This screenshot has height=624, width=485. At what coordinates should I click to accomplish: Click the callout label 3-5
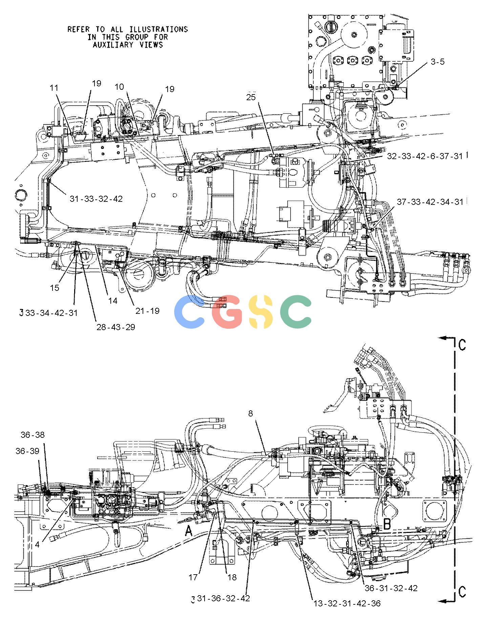pyautogui.click(x=438, y=62)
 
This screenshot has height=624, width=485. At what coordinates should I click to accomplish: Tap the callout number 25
pyautogui.click(x=251, y=98)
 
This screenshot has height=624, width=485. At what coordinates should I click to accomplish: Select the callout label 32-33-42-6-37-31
pyautogui.click(x=425, y=156)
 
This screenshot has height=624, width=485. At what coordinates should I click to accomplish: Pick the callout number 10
pyautogui.click(x=119, y=87)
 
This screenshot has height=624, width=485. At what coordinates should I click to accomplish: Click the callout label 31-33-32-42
pyautogui.click(x=96, y=199)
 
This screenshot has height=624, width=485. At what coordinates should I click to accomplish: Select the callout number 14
pyautogui.click(x=112, y=300)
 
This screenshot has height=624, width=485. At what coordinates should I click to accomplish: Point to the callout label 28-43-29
pyautogui.click(x=116, y=327)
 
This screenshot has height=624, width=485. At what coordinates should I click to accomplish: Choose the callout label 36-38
pyautogui.click(x=33, y=435)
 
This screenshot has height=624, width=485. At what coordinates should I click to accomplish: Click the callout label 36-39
pyautogui.click(x=27, y=451)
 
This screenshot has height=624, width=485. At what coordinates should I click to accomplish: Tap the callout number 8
pyautogui.click(x=251, y=413)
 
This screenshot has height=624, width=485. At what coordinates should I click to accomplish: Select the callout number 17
pyautogui.click(x=193, y=577)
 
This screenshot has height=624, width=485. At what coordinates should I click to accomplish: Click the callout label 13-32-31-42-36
pyautogui.click(x=347, y=603)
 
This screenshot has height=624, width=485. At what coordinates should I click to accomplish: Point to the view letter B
pyautogui.click(x=387, y=524)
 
